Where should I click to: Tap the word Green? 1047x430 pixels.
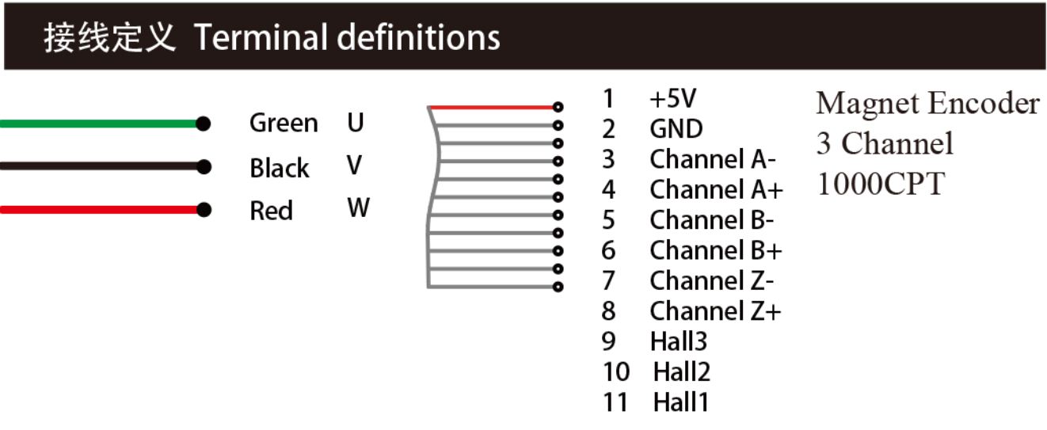284,124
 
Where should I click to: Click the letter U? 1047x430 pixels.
356,123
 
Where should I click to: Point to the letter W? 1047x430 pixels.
358,209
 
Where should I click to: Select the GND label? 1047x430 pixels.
676,129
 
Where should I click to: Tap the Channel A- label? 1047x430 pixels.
713,159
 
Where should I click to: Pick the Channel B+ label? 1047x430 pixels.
716,250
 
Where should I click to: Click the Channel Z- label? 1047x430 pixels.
713,280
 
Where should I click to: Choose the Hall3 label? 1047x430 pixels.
678,341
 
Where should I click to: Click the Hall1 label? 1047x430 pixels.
681,402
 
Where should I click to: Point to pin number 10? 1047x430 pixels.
615,371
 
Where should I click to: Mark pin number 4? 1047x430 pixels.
608,190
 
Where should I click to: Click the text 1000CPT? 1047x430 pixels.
880,184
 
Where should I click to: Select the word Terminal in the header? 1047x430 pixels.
261,37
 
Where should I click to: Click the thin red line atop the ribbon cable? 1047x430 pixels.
491,107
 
